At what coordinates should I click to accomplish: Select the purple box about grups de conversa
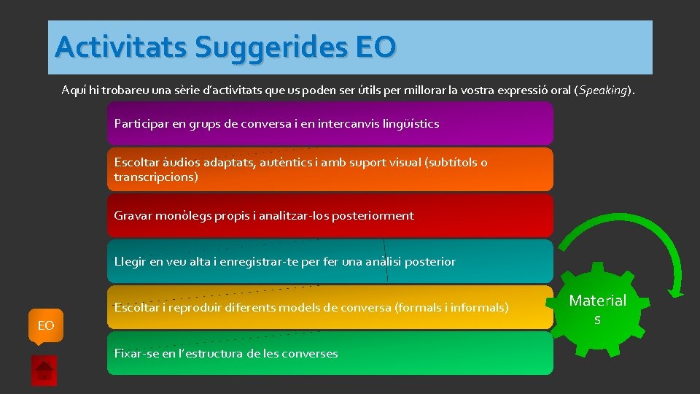(x=330, y=123)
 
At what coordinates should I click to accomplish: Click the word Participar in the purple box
(x=141, y=124)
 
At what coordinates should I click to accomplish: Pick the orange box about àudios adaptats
(x=330, y=169)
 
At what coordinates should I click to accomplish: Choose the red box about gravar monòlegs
(x=330, y=215)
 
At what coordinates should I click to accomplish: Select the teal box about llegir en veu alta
(x=330, y=261)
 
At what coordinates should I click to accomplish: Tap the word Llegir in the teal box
(x=130, y=262)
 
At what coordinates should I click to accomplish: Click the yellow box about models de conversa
(x=330, y=307)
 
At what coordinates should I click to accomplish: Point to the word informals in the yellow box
(x=480, y=308)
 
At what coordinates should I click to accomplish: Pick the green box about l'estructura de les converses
(x=330, y=353)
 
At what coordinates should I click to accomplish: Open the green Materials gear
(x=597, y=309)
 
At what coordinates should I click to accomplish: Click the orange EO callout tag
(x=46, y=325)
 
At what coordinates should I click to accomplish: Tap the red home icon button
(x=44, y=370)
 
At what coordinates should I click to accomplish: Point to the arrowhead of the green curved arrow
(x=675, y=291)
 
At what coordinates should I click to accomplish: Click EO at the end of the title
(x=376, y=47)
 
